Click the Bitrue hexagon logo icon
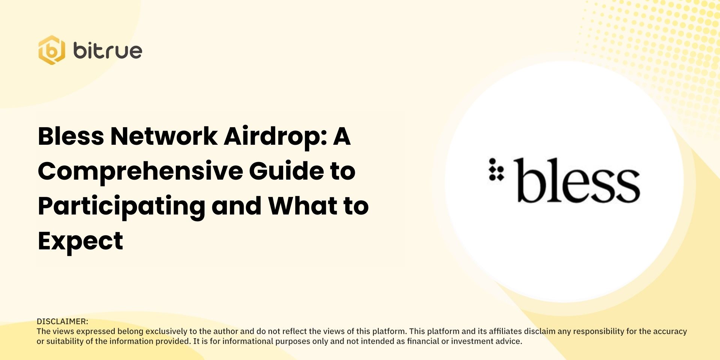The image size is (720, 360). (52, 50)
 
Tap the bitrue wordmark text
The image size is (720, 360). (108, 51)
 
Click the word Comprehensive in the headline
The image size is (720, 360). (140, 171)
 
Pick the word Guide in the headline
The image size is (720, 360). (286, 171)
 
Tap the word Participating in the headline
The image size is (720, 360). (121, 206)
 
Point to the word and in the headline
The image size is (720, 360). (236, 206)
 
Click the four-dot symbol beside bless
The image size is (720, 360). (496, 170)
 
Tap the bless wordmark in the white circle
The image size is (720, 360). (577, 181)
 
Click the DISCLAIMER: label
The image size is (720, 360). (63, 321)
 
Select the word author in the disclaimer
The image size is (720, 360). (226, 331)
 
